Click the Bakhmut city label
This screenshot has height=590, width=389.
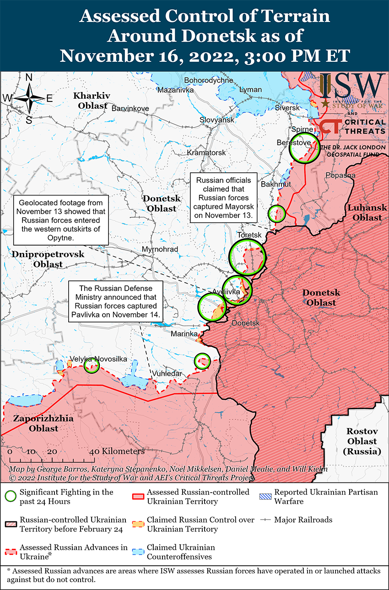click(x=276, y=184)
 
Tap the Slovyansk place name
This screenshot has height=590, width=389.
click(x=216, y=120)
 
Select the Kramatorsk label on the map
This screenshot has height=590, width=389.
click(x=206, y=152)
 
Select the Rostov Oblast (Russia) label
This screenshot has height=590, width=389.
click(x=362, y=441)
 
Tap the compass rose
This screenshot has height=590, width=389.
click(x=29, y=98)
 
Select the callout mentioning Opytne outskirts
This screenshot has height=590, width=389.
click(x=61, y=220)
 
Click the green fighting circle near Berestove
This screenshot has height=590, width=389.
click(x=304, y=147)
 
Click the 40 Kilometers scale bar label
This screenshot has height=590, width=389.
click(x=118, y=451)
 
